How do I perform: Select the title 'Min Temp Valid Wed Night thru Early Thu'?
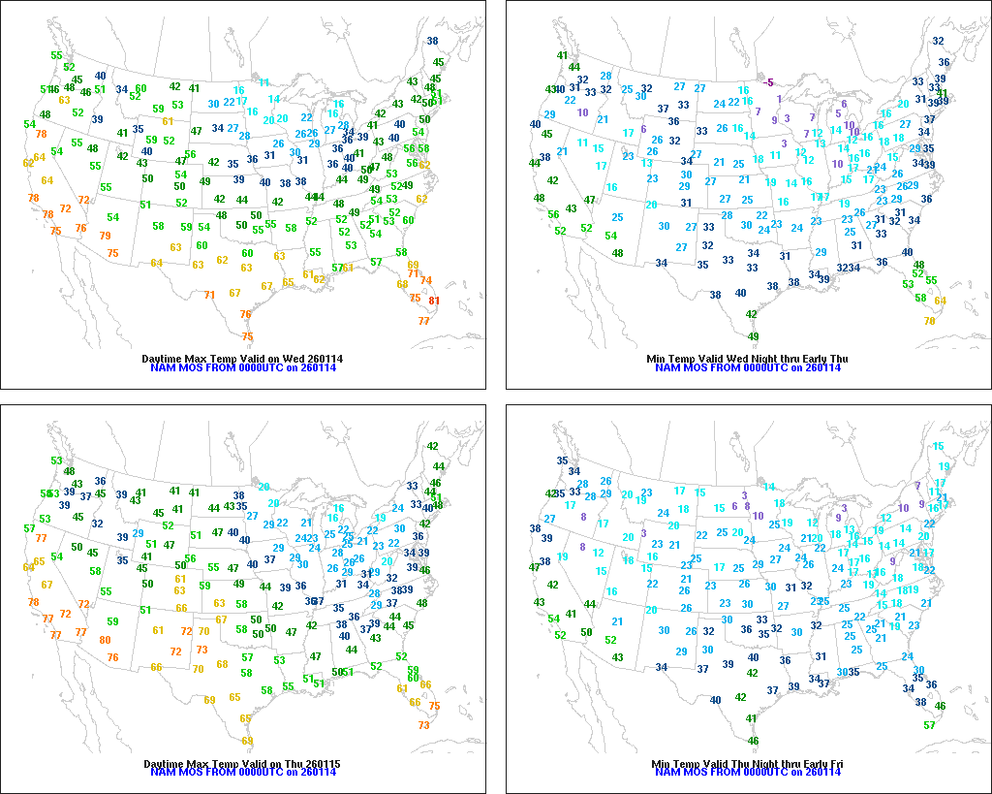746,359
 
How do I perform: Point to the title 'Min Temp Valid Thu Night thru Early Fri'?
746,765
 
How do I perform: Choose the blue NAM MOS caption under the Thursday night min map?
746,774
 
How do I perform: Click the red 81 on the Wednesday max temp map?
434,301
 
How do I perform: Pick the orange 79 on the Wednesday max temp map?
105,236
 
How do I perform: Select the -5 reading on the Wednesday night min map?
769,82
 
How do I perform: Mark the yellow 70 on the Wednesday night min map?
930,321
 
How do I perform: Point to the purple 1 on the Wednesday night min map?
779,99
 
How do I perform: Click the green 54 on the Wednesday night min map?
611,236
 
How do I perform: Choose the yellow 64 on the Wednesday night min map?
940,301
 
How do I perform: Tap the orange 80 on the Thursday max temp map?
105,640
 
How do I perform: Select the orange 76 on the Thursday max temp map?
113,657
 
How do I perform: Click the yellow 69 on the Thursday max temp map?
209,700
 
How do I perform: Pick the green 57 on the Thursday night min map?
930,725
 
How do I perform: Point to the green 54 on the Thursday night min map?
553,619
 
